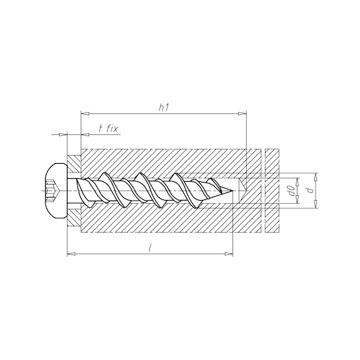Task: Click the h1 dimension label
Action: point(164,107)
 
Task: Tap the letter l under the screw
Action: point(151,247)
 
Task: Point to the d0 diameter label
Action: point(291,189)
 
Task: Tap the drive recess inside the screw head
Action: point(53,189)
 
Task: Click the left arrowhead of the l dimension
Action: point(70,254)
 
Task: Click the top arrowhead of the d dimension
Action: point(315,176)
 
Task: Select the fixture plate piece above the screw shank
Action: point(74,164)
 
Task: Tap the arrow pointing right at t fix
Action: point(62,134)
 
